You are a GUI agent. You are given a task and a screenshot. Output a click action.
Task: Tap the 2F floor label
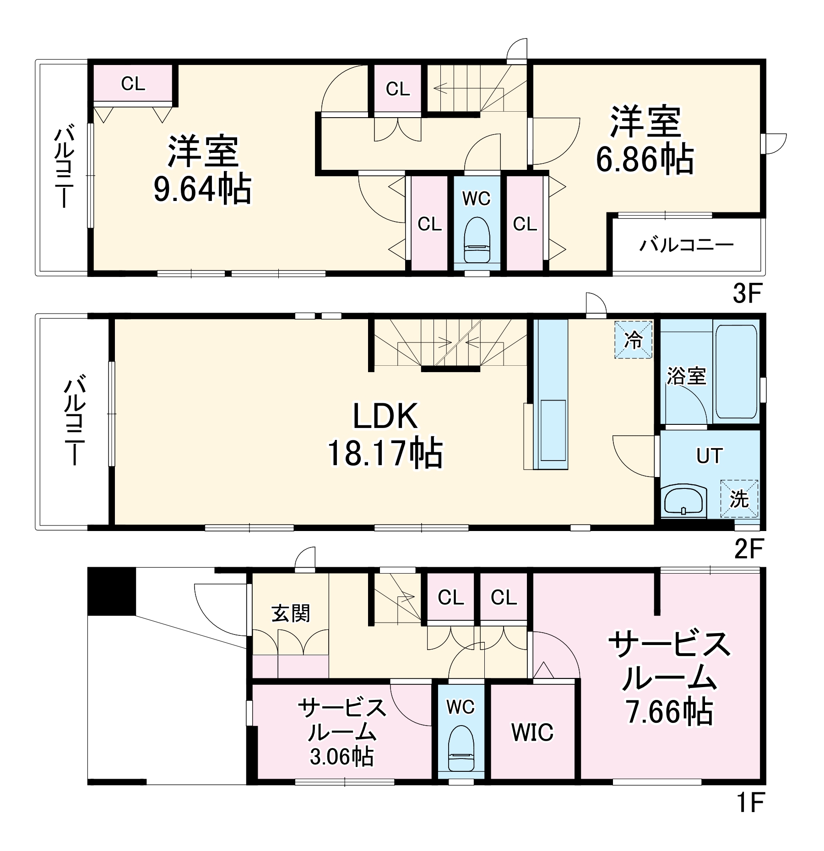pos(748,549)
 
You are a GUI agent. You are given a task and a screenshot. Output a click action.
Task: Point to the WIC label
pos(532,732)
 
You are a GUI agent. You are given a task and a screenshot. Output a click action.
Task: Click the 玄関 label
pos(291,613)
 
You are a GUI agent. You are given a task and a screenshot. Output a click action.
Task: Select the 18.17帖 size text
pos(385,453)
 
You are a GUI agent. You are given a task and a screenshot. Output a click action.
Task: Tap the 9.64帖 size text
pos(202,189)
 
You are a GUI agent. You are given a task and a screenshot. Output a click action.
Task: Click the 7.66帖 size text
pos(669,712)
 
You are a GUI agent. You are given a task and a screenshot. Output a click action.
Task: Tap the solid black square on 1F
pos(112,591)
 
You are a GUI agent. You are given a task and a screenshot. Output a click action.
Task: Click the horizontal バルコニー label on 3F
pos(686,245)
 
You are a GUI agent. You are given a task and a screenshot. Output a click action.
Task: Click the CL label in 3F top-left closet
pos(133,84)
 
